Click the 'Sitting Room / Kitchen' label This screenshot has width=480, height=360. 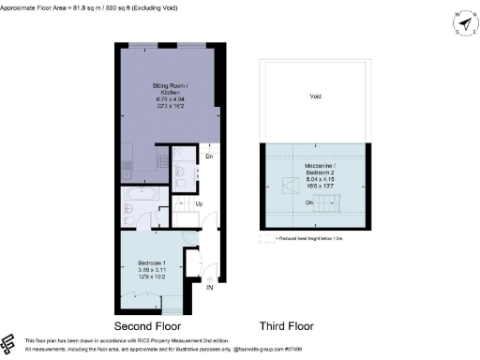170,90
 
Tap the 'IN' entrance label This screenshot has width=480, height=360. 210,290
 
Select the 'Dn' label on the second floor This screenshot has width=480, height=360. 209,156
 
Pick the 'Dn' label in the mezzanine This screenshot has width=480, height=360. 307,201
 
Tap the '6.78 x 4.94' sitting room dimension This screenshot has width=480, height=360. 170,97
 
